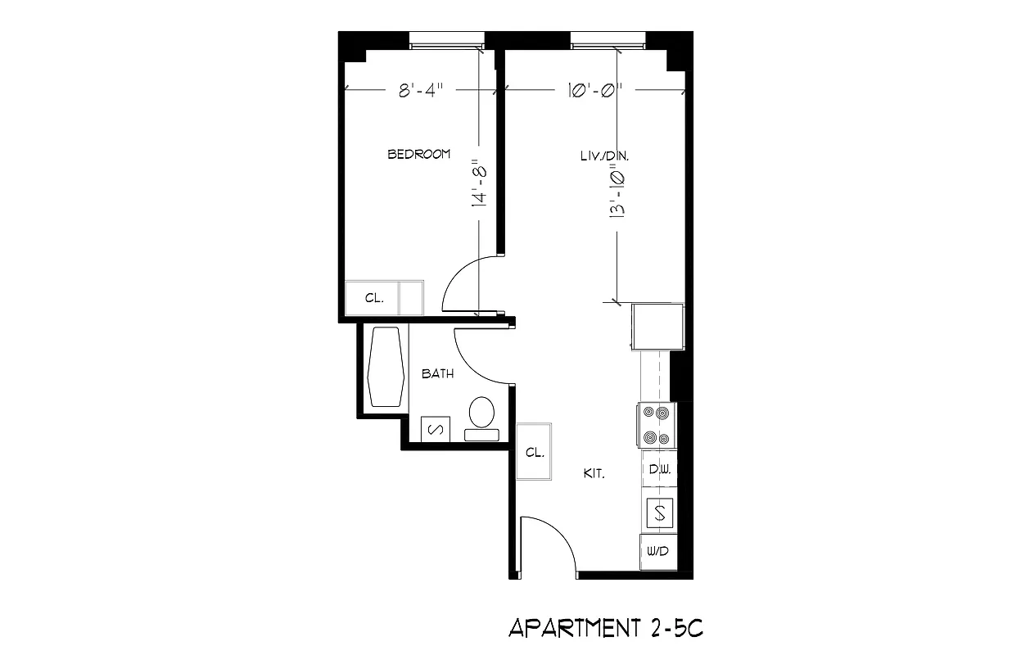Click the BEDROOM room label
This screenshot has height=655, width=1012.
coord(418,154)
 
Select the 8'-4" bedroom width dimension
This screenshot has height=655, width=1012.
coord(419,91)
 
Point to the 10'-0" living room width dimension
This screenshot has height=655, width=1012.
coord(595,91)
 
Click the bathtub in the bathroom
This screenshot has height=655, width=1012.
coord(385,367)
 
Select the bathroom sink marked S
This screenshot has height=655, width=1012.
coord(435,428)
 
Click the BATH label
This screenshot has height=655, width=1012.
coord(437,374)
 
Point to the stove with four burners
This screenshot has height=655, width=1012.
coord(657,426)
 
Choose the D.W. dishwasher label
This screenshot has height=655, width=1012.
coord(660,470)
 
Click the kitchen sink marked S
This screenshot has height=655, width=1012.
coord(660,513)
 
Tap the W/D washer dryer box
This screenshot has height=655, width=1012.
coord(657,551)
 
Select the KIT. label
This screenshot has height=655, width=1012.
coord(594,473)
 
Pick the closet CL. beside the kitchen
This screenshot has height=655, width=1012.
coord(535,453)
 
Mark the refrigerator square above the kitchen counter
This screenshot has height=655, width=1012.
coord(657,325)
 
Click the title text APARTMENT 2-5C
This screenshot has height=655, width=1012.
coord(606,628)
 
